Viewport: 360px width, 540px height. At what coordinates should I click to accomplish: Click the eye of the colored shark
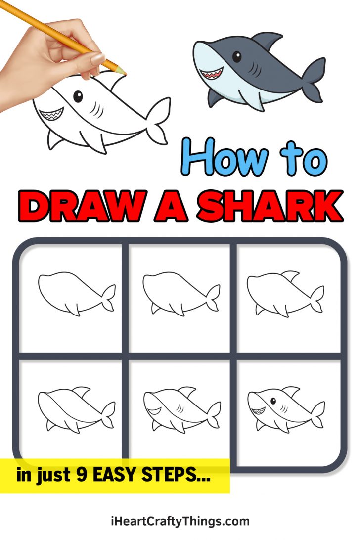[237, 57]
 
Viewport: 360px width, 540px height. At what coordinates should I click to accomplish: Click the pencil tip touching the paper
[124, 74]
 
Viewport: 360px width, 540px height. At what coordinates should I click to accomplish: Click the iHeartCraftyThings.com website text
[180, 521]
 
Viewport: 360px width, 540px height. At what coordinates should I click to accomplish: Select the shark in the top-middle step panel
[181, 293]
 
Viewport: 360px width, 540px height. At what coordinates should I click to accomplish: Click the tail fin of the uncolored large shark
[159, 120]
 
